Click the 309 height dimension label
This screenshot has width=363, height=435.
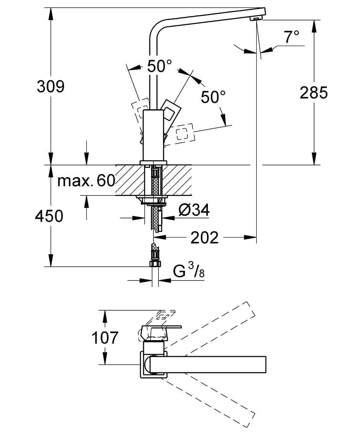51,86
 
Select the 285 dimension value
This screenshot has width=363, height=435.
313,92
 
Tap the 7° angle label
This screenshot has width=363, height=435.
292,37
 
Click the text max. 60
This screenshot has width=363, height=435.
86,180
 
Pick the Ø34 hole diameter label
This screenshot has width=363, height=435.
194,211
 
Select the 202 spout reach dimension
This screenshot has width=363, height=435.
204,238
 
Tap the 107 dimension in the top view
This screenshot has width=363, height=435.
105,337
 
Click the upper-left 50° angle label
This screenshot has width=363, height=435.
159,67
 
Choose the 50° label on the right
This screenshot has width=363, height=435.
213,97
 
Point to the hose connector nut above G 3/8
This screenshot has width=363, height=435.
155,263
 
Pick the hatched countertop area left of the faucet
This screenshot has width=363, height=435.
129,179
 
